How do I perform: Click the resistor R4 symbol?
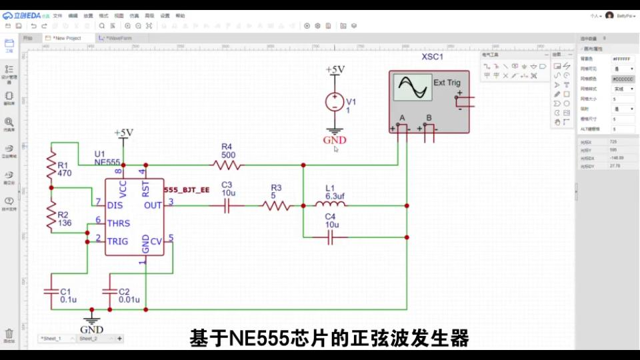pos(227,164)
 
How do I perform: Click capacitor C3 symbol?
pos(227,206)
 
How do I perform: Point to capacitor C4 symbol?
pos(330,237)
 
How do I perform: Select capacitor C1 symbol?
pos(51,291)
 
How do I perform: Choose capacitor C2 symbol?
pos(109,291)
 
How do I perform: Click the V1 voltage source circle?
pos(334,102)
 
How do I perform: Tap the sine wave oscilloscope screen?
pos(411,87)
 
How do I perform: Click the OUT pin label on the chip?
pos(153,205)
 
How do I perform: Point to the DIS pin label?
pos(115,205)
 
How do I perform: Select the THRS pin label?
pos(119,223)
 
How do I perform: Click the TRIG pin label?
pos(118,241)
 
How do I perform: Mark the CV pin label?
pos(156,241)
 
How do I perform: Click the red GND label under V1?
pos(335,140)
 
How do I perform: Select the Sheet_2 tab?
pos(88,339)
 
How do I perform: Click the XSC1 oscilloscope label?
pos(432,57)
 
